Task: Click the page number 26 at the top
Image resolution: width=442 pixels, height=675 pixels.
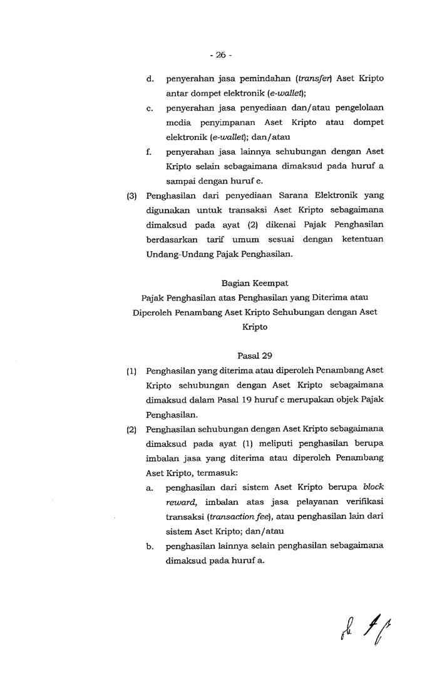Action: tap(220, 55)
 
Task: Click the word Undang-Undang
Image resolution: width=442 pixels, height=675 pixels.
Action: tap(177, 254)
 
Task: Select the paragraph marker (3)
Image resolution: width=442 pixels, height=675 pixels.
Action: tap(131, 196)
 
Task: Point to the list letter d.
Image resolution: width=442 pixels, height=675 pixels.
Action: tap(150, 79)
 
